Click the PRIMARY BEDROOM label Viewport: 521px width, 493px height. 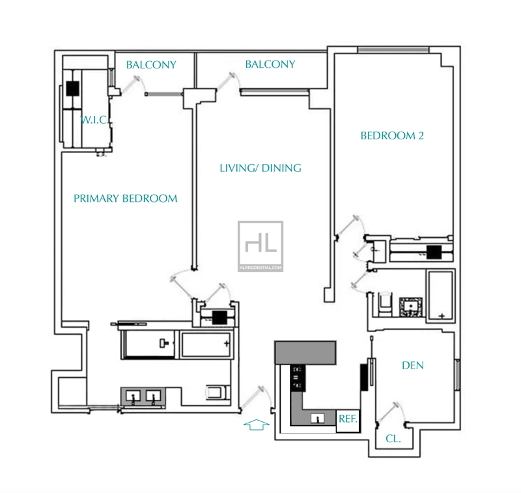[125, 199]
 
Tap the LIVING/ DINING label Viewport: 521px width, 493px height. [260, 168]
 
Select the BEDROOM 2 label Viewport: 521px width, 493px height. [392, 135]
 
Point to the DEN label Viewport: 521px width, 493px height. [413, 365]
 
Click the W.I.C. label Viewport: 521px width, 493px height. [94, 120]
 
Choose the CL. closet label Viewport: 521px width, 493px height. [393, 439]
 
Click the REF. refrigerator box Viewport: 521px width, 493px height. [348, 421]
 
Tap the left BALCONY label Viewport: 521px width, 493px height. [151, 64]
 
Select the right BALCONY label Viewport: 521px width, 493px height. [270, 64]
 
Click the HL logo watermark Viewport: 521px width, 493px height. [260, 246]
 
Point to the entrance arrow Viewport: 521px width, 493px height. [256, 425]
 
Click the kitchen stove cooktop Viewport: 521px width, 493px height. [298, 378]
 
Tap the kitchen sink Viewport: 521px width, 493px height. [318, 418]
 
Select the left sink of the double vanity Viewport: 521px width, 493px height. [134, 397]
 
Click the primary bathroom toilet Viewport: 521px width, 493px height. [218, 392]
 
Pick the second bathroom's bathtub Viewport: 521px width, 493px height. [441, 296]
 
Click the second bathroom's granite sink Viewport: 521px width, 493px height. [411, 307]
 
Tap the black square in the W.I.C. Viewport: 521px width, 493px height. [73, 89]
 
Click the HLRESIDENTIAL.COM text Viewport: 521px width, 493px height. [260, 268]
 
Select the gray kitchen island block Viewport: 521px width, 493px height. [305, 352]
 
